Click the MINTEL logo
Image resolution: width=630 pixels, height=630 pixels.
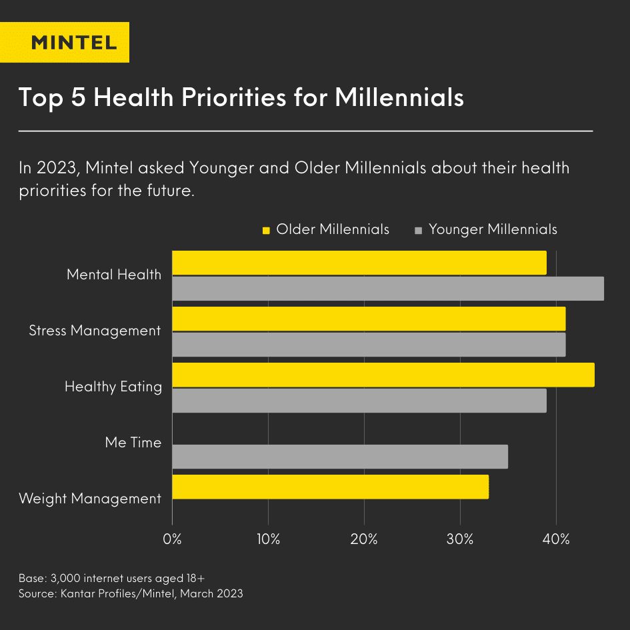click(74, 43)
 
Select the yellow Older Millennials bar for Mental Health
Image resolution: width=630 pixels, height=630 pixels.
click(359, 263)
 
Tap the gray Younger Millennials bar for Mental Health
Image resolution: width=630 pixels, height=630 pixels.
click(387, 289)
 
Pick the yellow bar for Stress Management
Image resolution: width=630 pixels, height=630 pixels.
click(369, 319)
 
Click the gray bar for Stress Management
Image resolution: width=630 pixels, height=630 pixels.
click(369, 345)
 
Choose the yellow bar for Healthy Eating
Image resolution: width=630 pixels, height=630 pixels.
click(383, 375)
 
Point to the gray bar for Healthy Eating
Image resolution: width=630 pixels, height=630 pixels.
click(359, 401)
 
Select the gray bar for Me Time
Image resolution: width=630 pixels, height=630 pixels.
click(340, 457)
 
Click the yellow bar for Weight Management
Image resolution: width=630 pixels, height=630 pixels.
click(330, 487)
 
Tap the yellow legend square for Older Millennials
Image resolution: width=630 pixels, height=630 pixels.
click(266, 231)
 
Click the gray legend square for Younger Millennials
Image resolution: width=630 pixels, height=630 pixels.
click(419, 231)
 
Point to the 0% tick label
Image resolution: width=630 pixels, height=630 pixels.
click(173, 539)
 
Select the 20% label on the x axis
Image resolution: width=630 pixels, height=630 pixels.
click(364, 539)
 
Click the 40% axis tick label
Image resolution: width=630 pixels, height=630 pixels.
click(556, 539)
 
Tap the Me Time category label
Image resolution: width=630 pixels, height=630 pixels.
click(133, 443)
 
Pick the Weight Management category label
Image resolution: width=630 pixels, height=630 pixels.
click(90, 499)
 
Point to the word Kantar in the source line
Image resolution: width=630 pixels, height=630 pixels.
click(78, 593)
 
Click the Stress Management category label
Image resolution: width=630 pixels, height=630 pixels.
click(95, 331)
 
